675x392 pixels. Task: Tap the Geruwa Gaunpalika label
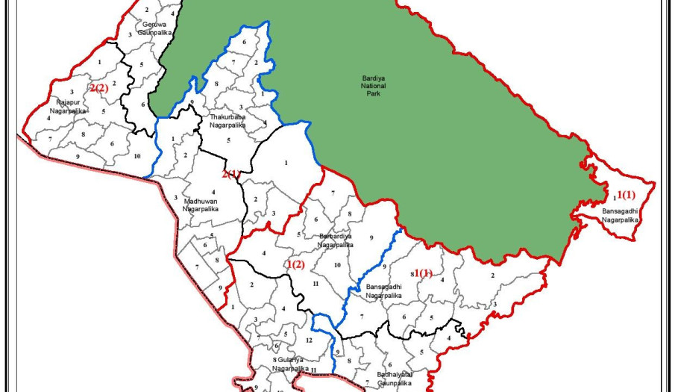(x=154, y=28)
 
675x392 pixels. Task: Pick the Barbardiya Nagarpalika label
(x=336, y=240)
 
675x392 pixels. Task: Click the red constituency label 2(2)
(x=99, y=88)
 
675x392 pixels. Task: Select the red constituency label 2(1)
(x=230, y=174)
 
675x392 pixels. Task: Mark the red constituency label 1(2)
(x=295, y=264)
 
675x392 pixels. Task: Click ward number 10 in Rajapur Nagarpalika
(x=137, y=155)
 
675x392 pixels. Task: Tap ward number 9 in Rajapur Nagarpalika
(x=78, y=155)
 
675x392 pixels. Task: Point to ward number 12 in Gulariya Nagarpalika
(x=309, y=340)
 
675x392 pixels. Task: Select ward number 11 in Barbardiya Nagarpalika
(x=315, y=284)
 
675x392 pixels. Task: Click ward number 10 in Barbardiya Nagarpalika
(x=337, y=265)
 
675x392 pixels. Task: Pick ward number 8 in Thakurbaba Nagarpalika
(x=216, y=84)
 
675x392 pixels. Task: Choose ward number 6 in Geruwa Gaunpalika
(x=143, y=104)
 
